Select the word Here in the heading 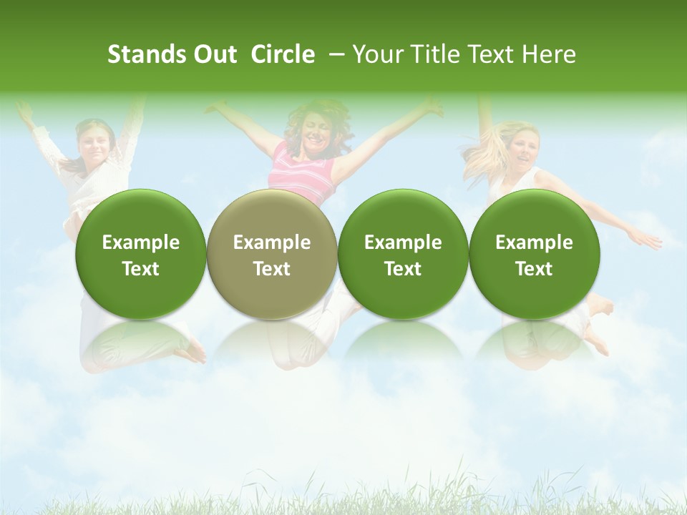[x=550, y=54]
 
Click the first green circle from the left [x=141, y=255]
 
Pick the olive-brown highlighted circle [x=272, y=255]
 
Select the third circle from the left [x=403, y=255]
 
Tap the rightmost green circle [x=534, y=255]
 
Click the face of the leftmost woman [x=94, y=144]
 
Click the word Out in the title [x=213, y=54]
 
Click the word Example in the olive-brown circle [x=272, y=242]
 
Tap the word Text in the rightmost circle [x=534, y=268]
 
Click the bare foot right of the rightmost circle [x=601, y=305]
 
